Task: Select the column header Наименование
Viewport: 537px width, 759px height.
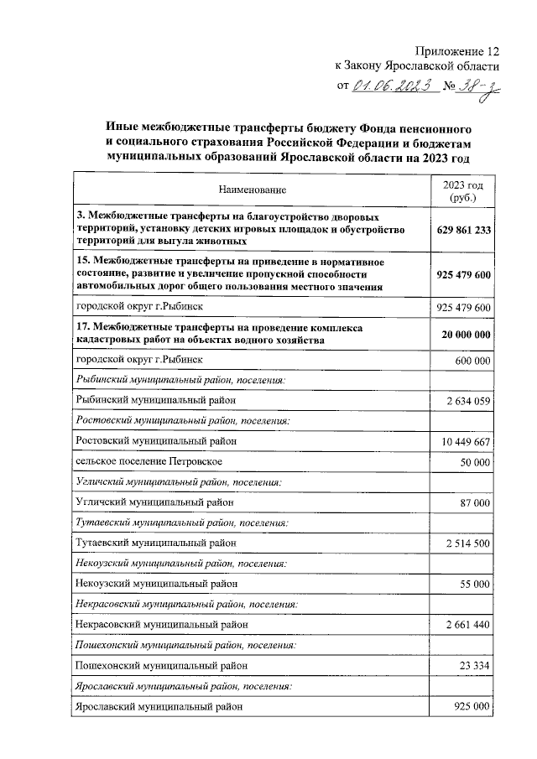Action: [253, 191]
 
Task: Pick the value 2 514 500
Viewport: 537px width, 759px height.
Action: [464, 543]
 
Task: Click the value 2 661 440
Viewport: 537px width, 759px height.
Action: [464, 624]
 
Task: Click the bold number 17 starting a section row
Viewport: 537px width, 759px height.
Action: [81, 327]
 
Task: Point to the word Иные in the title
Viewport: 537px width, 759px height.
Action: [123, 128]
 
